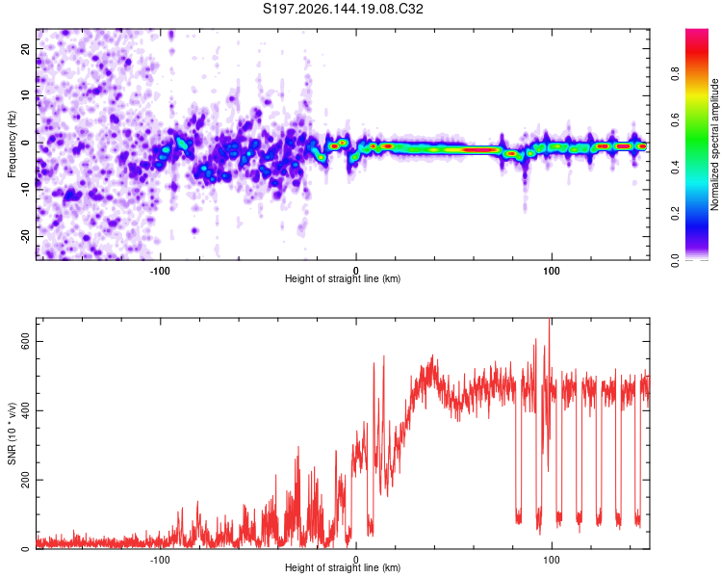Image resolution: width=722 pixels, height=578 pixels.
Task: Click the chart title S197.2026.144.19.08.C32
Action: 343,9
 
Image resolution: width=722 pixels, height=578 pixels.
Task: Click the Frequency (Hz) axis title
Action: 12,144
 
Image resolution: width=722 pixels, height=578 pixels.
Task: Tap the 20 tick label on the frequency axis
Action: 25,48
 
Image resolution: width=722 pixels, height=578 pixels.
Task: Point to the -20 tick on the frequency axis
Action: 25,236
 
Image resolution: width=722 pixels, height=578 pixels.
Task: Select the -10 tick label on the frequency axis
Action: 25,190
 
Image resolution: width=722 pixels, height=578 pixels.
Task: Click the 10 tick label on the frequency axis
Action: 25,95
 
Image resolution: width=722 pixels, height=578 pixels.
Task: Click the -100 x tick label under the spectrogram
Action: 160,271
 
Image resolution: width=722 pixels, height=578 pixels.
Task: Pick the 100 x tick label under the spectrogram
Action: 552,271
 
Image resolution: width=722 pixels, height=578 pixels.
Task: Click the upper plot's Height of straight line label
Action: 343,278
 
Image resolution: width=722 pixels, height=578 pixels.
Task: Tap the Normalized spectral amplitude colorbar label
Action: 714,144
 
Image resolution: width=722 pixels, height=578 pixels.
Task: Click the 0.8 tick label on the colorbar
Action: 676,74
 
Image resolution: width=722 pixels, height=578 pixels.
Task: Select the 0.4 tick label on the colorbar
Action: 676,168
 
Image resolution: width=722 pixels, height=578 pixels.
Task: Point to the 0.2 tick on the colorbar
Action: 676,214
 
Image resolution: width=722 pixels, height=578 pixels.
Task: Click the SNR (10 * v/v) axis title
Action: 12,433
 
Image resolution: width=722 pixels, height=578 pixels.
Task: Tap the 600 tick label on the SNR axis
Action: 25,342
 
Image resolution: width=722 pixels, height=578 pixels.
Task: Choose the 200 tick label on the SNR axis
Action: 25,480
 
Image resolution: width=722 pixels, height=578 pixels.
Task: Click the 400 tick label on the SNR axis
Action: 25,410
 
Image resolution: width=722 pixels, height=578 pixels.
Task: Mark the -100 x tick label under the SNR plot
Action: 160,560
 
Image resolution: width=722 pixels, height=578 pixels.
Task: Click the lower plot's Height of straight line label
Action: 343,567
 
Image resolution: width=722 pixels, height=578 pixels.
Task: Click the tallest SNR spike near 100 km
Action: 550,320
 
